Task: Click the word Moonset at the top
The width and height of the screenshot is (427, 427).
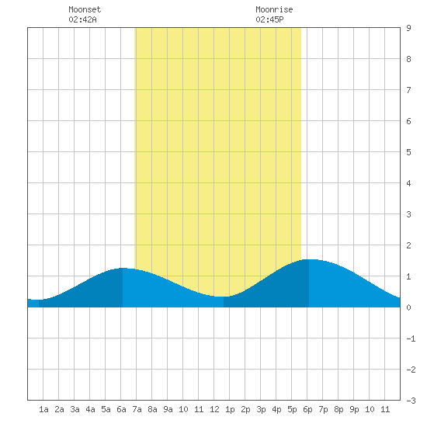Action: coord(85,9)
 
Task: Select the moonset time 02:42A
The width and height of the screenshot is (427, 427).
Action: coord(82,19)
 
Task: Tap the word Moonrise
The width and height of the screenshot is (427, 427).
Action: coord(274,9)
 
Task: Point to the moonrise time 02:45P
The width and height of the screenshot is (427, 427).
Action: coord(269,19)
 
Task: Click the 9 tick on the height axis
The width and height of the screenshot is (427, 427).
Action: coord(408,28)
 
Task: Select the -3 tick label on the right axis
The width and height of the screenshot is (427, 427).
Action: coord(411,401)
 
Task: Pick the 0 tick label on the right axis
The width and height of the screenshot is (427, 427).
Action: coord(408,307)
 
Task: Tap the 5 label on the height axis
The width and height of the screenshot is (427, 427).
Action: coord(408,152)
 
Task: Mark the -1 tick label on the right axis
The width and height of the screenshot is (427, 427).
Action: coord(411,338)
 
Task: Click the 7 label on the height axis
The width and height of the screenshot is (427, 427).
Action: coord(408,90)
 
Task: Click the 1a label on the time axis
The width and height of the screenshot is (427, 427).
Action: coord(43,409)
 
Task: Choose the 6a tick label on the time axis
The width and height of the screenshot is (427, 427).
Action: coord(121,409)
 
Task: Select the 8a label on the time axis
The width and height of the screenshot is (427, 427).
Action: coord(152,409)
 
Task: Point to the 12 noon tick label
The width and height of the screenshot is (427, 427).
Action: coord(214,409)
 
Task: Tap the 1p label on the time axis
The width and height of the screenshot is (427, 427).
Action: coord(230,409)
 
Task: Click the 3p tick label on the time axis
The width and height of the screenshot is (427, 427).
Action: coord(261,409)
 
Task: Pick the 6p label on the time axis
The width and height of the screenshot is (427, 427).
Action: coord(307,409)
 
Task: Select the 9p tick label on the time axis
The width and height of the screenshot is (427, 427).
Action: coord(354,409)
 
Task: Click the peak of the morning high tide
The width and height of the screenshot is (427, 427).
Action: coord(123,268)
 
